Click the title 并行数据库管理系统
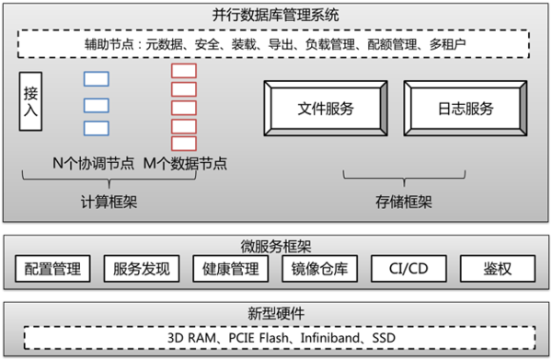click(275, 13)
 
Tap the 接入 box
click(30, 101)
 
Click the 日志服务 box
click(465, 109)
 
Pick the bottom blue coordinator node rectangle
click(97, 128)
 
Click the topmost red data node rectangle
click(183, 70)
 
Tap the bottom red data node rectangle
click(183, 144)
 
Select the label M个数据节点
click(186, 164)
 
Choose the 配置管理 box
click(52, 269)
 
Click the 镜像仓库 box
click(318, 269)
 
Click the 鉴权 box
click(497, 269)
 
